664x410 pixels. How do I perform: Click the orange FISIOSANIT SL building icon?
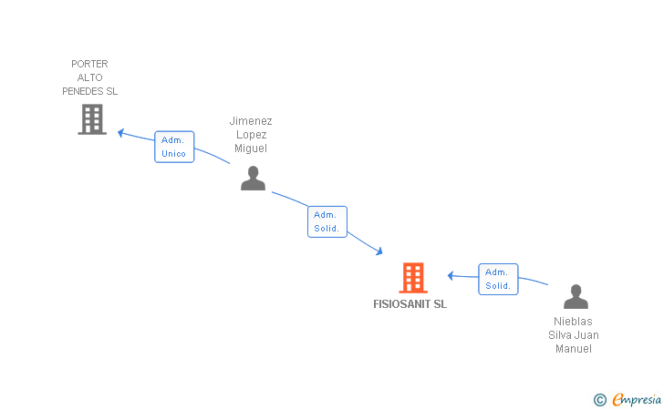pos(413,278)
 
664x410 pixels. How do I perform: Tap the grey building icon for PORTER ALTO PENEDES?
pos(92,119)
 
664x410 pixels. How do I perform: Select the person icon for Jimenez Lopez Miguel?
pos(254,179)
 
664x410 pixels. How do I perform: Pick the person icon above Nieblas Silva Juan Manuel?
pos(576,296)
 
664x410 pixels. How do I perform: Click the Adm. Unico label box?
pos(174,147)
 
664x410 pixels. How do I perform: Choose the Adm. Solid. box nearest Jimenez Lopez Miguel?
pos(327,221)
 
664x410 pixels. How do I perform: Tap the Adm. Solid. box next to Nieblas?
pos(498,280)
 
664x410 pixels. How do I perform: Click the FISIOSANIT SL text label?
pos(410,304)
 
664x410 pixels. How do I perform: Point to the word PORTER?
pos(89,64)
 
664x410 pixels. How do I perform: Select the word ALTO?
pos(89,77)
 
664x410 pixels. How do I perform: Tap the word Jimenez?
pos(251,121)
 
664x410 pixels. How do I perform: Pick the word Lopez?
pos(251,135)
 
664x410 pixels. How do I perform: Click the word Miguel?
pos(251,149)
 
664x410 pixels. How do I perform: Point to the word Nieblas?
pos(573,322)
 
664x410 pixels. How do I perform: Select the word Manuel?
pos(574,349)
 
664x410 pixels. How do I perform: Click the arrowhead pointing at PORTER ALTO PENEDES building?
pos(120,133)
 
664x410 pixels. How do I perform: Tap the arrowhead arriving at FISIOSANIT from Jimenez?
pos(379,251)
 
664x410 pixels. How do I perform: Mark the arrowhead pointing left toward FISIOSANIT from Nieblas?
pos(451,276)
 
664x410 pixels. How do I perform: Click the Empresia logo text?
pos(637,399)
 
